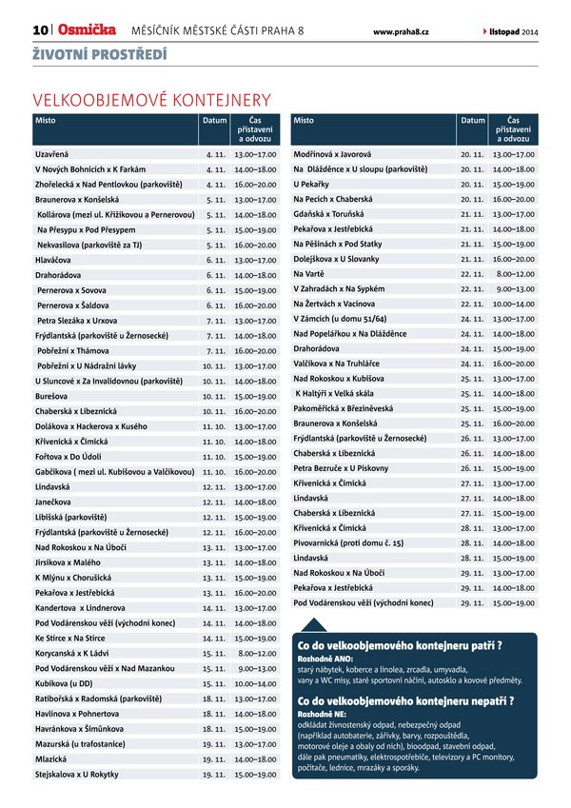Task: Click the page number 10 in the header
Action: [41, 31]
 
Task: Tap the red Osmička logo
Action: [89, 31]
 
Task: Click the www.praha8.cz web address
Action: [401, 32]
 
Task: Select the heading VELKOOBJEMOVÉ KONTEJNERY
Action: [151, 99]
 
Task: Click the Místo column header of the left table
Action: [46, 121]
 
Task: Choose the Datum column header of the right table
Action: [473, 121]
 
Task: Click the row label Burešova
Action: [54, 395]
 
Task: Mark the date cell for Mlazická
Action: [213, 759]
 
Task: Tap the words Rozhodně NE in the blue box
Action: [321, 714]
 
